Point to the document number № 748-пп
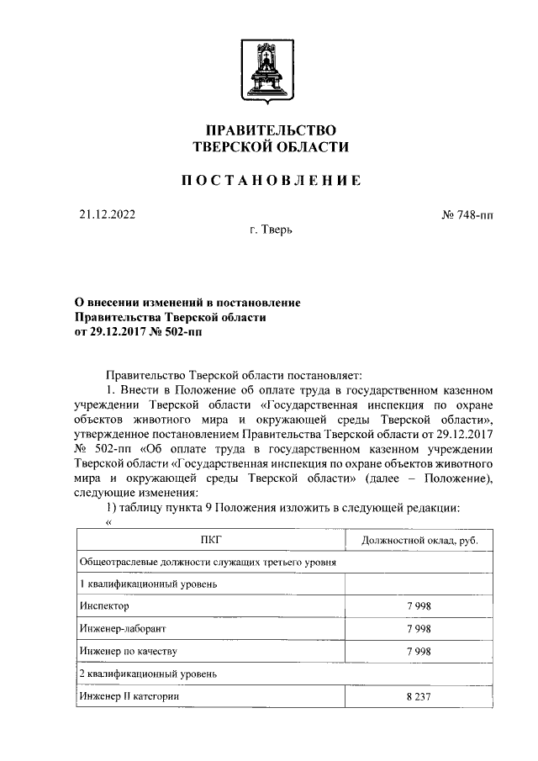tap(467, 215)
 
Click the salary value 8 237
tap(419, 696)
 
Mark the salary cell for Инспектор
tap(419, 605)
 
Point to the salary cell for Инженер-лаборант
tap(419, 628)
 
